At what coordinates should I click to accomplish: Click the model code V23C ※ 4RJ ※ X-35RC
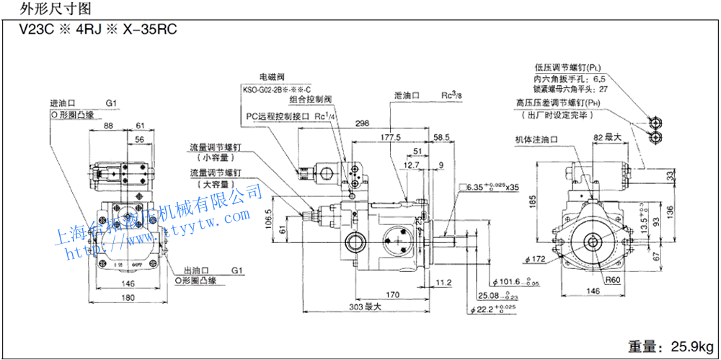point(90,30)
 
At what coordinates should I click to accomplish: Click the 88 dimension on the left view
point(110,126)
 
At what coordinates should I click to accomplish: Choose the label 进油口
point(62,103)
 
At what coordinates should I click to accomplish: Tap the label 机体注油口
point(537,140)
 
